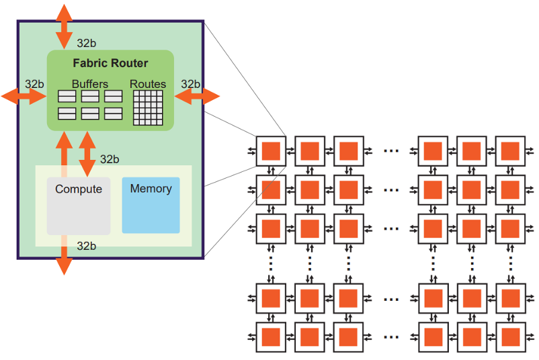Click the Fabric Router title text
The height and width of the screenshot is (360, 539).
[x=110, y=64]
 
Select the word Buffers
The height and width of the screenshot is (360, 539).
[x=90, y=84]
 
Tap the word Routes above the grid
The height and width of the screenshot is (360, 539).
[x=148, y=84]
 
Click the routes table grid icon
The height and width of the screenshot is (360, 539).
[x=148, y=107]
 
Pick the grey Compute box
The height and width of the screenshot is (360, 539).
[x=79, y=206]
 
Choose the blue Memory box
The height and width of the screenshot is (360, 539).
[x=151, y=205]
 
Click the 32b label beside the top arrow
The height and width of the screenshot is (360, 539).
[x=86, y=43]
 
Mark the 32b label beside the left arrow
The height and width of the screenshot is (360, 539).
[x=34, y=84]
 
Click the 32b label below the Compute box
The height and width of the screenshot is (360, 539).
[x=86, y=246]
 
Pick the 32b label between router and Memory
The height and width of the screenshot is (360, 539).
[x=110, y=159]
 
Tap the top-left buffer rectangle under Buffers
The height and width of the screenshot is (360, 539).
[x=67, y=97]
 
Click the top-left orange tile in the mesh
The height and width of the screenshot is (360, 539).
[x=271, y=150]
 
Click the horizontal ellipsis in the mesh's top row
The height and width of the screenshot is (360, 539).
[x=390, y=150]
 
